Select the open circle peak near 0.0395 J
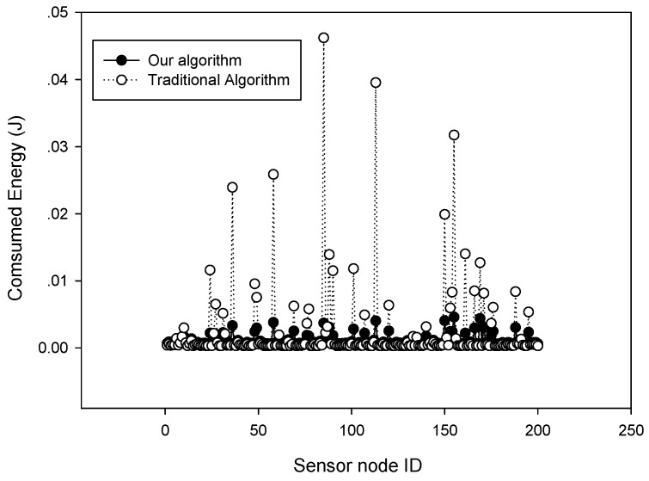(376, 83)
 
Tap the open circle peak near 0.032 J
(454, 135)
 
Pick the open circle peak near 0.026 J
(273, 174)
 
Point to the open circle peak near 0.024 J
(232, 188)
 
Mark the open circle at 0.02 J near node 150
(444, 214)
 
